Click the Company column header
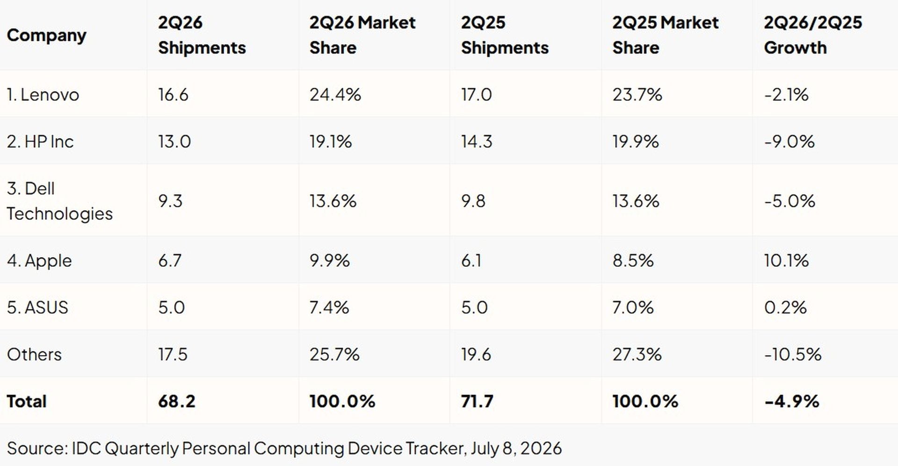47,36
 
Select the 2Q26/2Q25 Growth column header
813,35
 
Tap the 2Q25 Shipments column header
505,35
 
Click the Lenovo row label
43,95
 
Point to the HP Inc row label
40,142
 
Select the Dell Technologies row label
60,201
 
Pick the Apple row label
39,261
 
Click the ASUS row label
37,308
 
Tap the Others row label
34,354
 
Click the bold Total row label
27,401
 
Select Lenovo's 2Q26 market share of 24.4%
335,95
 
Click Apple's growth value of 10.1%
786,261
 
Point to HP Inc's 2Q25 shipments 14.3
477,142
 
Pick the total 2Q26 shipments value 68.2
176,401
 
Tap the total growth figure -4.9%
792,401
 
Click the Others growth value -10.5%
793,354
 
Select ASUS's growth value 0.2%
785,308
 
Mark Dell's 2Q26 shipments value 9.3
170,201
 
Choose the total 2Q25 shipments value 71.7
477,401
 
